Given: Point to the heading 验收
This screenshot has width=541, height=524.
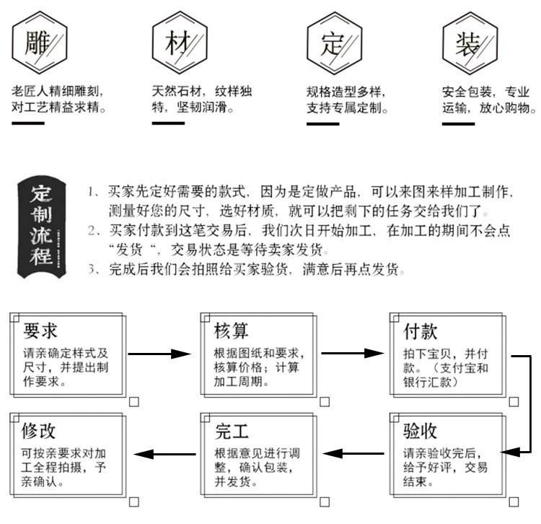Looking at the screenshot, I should coord(420,431).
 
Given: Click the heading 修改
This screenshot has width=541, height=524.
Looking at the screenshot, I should coord(40,431).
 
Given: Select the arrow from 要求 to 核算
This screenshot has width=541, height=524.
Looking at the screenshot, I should coord(159,354).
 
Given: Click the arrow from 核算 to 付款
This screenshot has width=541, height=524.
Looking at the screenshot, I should coord(351,354).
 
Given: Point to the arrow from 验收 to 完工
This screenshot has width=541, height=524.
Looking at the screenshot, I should coord(351,453).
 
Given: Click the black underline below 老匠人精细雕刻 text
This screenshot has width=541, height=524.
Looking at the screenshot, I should coord(28,123).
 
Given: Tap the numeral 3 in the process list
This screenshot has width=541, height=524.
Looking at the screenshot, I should coord(92,270).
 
